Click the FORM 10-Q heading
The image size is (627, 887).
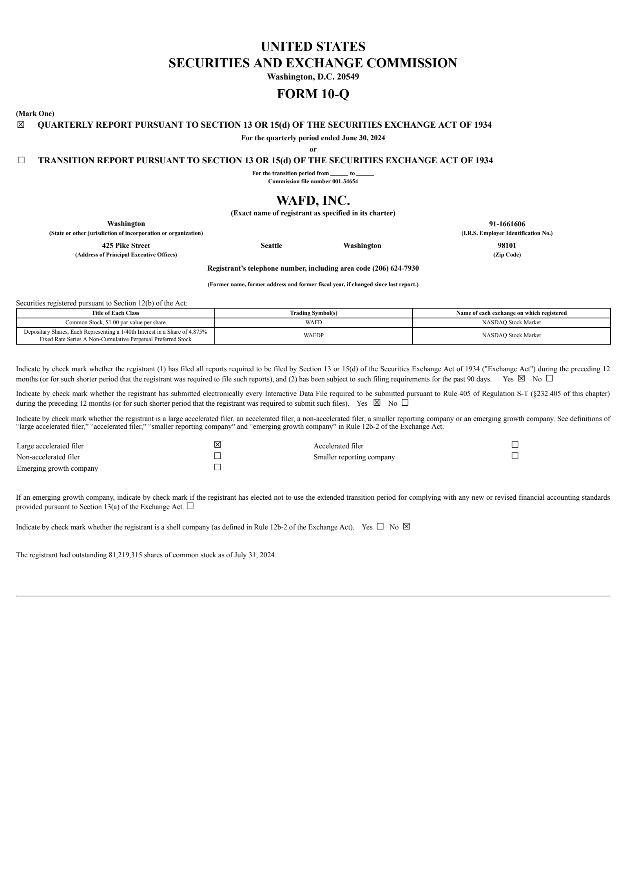[313, 94]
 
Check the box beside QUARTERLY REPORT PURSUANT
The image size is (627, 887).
[21, 125]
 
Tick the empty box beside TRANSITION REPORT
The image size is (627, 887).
[21, 160]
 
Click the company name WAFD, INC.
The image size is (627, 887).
[313, 201]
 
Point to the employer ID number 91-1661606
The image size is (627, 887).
[507, 224]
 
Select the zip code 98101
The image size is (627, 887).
[507, 246]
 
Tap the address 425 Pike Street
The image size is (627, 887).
[126, 246]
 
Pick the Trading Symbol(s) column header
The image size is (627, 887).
[313, 313]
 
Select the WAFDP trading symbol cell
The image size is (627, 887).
[313, 335]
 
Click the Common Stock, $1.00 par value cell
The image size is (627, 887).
[115, 322]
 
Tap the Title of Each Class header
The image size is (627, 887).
[115, 313]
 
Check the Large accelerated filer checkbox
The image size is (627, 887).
[217, 444]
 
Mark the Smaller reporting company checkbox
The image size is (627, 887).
[515, 456]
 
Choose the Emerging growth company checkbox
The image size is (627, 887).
[217, 467]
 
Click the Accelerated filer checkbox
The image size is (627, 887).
[515, 444]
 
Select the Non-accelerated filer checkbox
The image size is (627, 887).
[217, 456]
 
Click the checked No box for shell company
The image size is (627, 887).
[406, 526]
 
